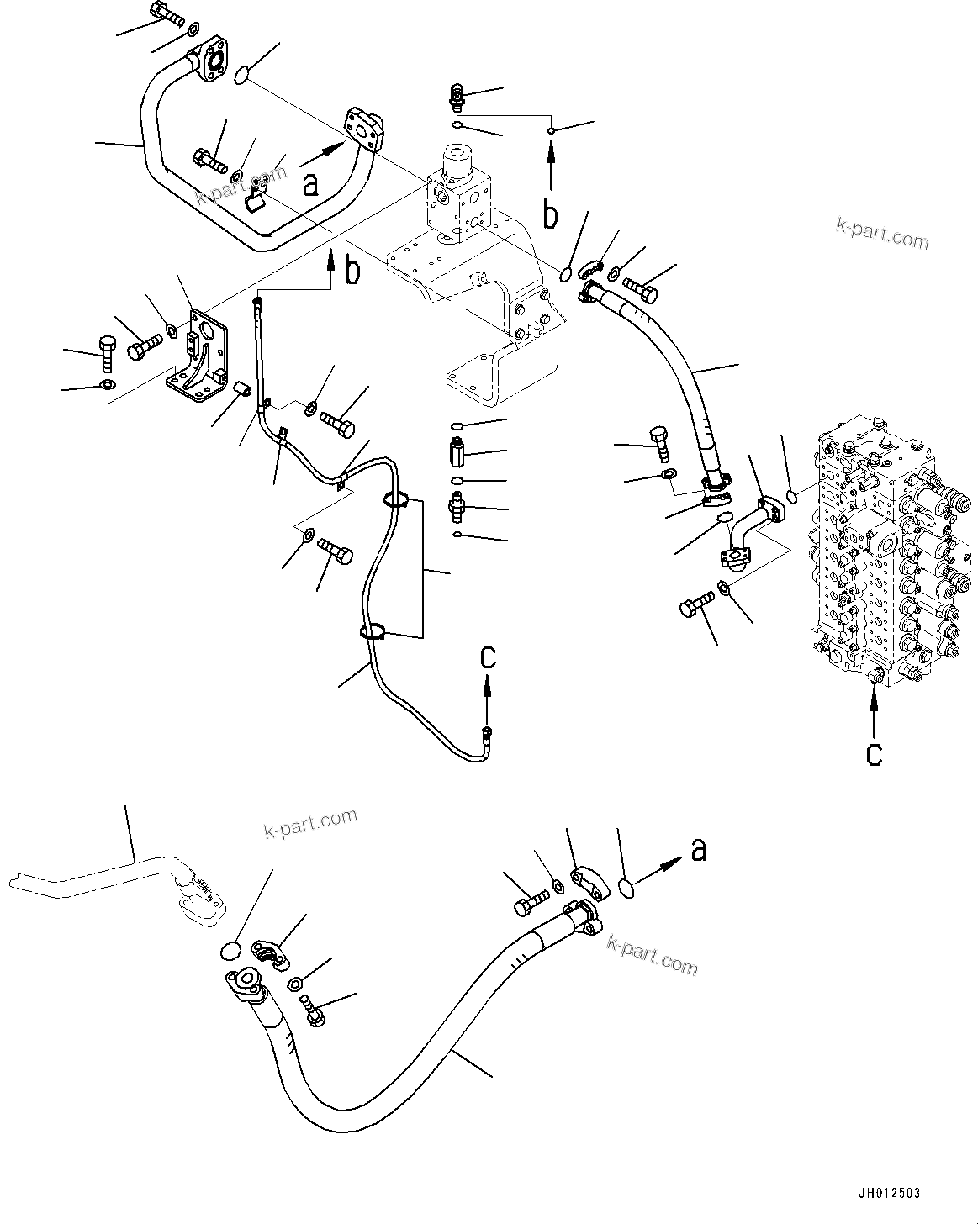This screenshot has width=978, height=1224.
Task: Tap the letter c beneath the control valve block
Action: point(875,754)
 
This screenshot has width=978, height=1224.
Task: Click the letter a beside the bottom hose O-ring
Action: point(698,851)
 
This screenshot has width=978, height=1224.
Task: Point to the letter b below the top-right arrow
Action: point(550,215)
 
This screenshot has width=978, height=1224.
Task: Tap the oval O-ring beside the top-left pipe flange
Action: point(241,76)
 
